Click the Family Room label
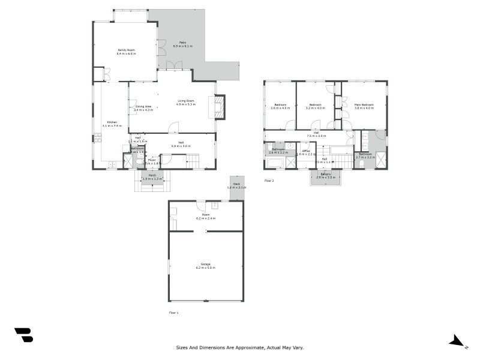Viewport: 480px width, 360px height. point(126,50)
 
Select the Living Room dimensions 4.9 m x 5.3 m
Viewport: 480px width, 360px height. point(185,104)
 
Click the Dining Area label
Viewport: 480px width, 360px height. point(143,106)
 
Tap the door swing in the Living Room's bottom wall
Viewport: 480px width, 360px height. point(174,127)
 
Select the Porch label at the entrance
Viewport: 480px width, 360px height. point(152,175)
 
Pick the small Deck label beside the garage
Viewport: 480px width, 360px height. point(236,184)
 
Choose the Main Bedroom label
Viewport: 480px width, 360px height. point(364,104)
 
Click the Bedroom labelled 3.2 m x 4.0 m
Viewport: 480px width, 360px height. point(315,104)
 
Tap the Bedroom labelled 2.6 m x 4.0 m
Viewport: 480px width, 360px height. point(280,104)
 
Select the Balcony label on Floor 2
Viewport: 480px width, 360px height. point(324,175)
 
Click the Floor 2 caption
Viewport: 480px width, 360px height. point(269,180)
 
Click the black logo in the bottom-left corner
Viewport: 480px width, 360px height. point(23,335)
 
